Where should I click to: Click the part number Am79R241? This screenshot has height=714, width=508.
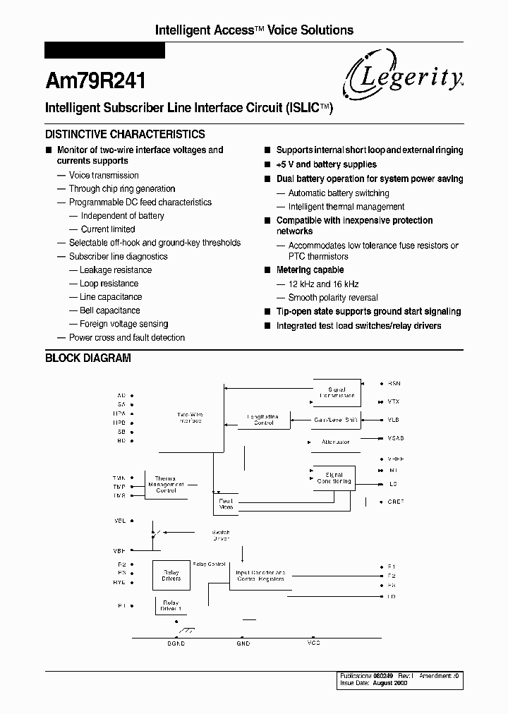(x=95, y=81)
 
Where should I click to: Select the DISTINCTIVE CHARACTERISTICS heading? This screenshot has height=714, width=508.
(x=125, y=134)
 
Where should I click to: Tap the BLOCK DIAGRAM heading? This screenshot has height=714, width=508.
(x=88, y=358)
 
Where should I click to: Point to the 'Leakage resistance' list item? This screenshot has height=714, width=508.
(x=116, y=270)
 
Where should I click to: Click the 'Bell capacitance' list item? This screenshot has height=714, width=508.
(x=110, y=310)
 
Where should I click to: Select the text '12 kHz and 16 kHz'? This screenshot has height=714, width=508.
(x=324, y=284)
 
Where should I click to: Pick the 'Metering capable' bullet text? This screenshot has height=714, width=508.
(x=310, y=270)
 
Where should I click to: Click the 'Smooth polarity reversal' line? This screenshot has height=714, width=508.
(x=333, y=298)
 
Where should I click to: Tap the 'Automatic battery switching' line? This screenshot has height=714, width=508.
(x=339, y=193)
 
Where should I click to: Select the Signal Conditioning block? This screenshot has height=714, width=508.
(x=333, y=478)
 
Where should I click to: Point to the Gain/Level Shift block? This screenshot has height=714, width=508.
(x=336, y=420)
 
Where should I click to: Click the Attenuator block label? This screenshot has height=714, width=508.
(x=335, y=442)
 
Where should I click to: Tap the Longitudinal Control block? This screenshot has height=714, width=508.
(x=263, y=420)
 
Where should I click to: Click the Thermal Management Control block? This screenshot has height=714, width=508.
(x=166, y=484)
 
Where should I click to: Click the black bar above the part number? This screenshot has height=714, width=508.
(x=104, y=51)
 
